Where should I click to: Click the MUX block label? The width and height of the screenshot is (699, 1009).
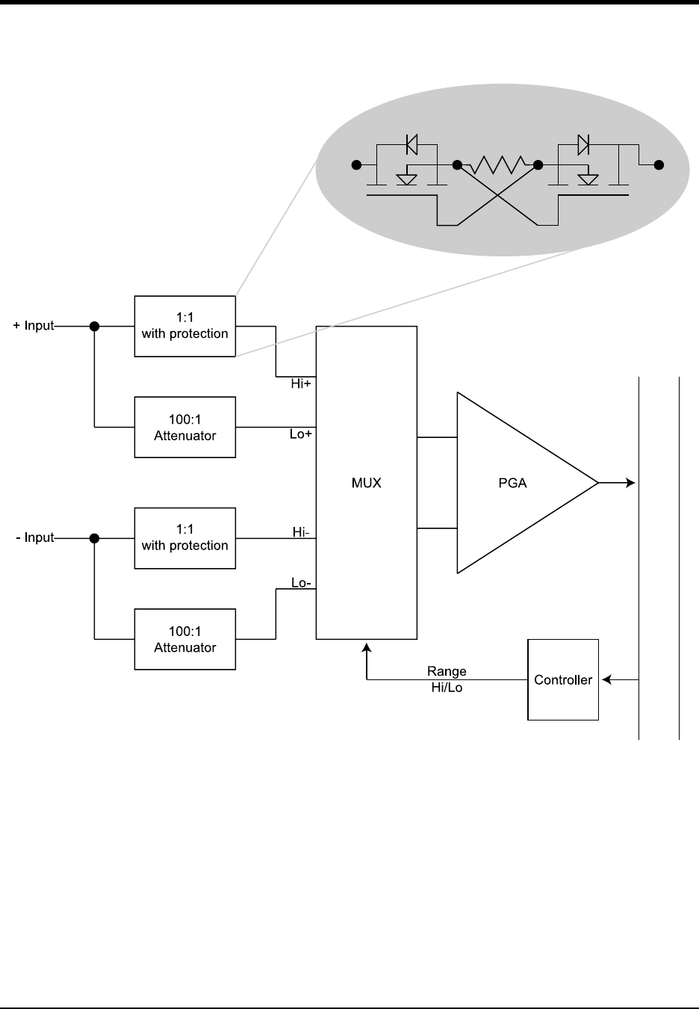click(366, 483)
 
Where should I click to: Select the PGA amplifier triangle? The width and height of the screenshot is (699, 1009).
click(515, 483)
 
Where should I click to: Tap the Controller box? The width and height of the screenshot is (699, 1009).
click(563, 679)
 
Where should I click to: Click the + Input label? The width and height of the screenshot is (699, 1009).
click(34, 326)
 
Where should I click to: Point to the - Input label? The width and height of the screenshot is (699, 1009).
click(35, 537)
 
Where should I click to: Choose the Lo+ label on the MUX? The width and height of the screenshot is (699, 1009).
click(301, 434)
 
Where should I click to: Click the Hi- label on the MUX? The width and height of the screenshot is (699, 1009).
click(301, 532)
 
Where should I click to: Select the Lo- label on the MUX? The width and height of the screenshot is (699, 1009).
click(301, 583)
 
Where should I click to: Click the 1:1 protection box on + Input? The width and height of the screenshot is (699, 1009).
click(184, 327)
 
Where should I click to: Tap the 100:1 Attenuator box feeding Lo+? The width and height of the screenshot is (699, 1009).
click(184, 428)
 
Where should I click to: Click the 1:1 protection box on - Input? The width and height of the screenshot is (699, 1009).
click(184, 538)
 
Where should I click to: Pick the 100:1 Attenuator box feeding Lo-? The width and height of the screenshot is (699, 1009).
click(184, 639)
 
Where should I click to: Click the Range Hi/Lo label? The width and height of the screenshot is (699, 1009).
click(447, 679)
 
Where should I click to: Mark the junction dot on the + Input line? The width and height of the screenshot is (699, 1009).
click(94, 326)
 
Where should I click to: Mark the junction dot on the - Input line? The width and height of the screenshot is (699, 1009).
click(94, 537)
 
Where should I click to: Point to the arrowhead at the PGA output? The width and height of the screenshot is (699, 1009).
click(630, 483)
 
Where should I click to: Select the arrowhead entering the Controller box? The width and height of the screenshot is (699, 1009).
click(606, 679)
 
